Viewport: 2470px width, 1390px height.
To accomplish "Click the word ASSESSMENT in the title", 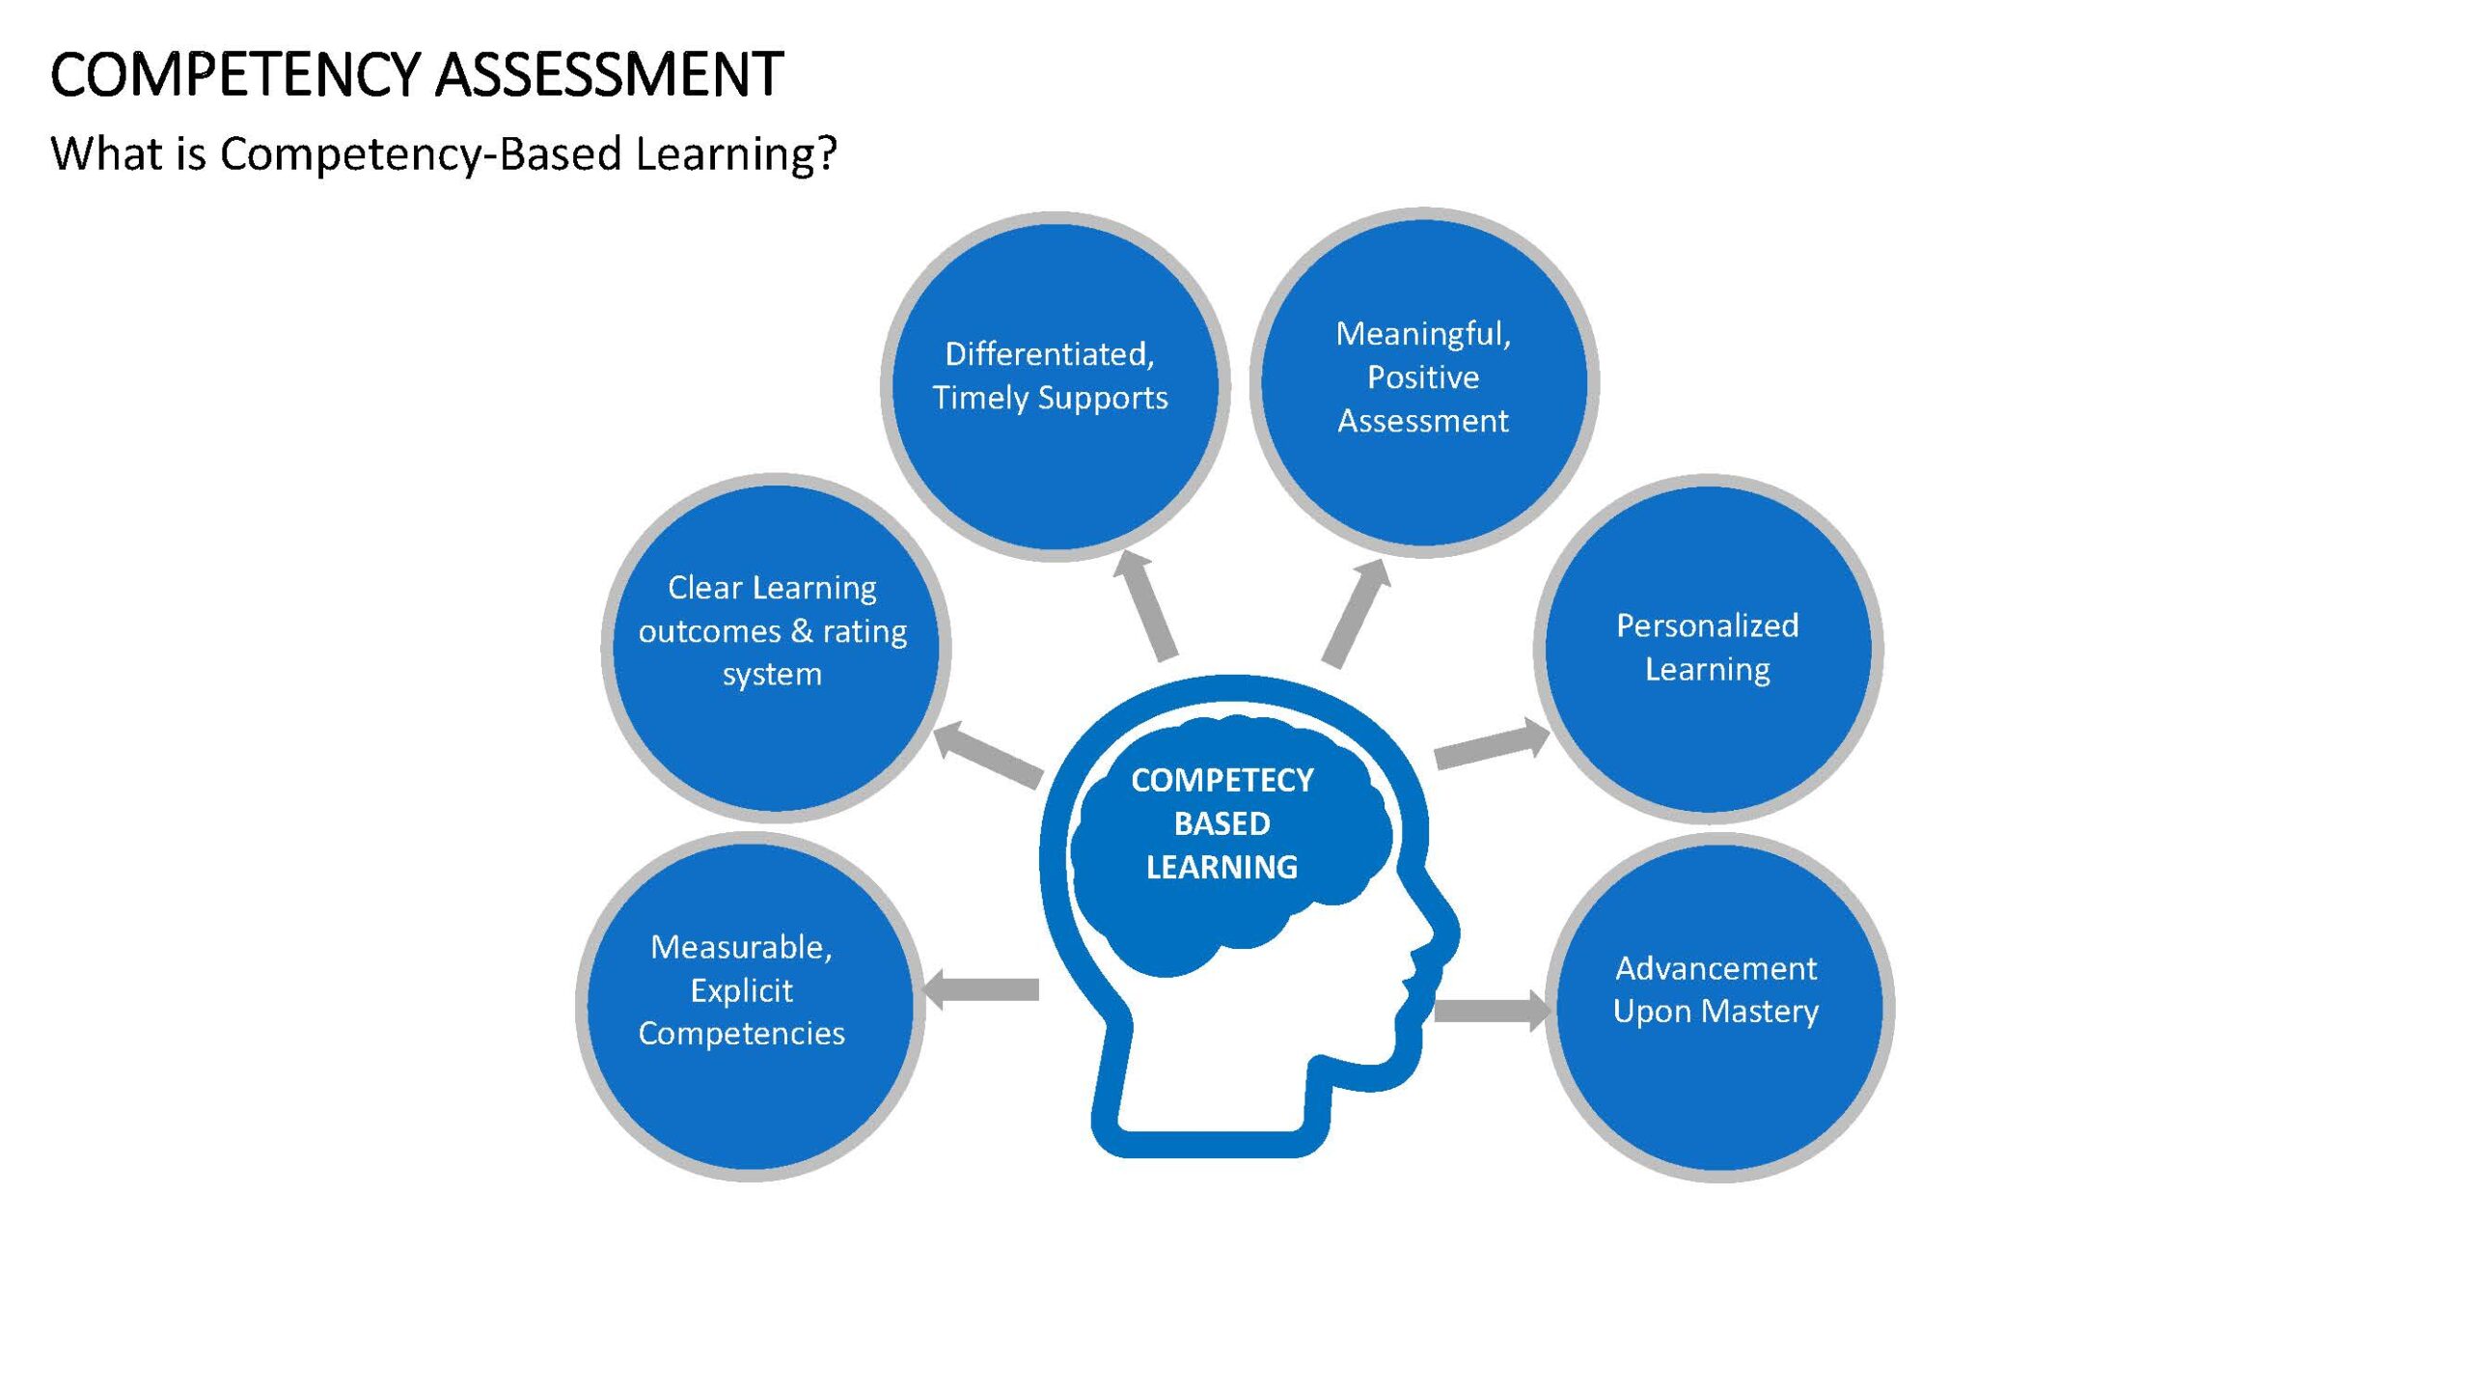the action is [x=609, y=74].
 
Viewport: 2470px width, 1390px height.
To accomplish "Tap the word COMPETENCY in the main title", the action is [x=235, y=74].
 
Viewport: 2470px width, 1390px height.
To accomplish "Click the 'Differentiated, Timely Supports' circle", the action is [x=1055, y=386].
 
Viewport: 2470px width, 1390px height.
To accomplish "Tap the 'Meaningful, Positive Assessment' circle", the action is [x=1424, y=382].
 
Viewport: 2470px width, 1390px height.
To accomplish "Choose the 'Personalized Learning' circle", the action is [x=1708, y=649].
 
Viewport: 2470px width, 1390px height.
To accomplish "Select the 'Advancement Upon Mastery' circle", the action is [x=1719, y=1007].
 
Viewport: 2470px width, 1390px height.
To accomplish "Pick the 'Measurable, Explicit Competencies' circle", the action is [x=750, y=1006].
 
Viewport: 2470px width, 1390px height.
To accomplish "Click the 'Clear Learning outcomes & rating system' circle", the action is [x=776, y=648].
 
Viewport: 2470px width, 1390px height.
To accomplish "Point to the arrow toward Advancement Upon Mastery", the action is [x=1492, y=1011].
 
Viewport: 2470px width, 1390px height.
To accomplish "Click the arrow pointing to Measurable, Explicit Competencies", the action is [x=980, y=989].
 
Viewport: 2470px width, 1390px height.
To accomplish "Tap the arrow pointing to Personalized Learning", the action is [x=1492, y=743].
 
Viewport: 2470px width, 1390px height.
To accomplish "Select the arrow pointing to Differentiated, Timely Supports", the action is [x=1145, y=605].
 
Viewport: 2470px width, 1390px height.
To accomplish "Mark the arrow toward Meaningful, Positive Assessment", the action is [x=1357, y=613].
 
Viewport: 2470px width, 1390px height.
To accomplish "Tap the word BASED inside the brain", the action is [x=1221, y=823].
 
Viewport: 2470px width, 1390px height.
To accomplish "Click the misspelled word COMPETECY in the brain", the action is [x=1222, y=780].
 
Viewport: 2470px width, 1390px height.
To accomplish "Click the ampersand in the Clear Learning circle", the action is [x=801, y=630].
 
